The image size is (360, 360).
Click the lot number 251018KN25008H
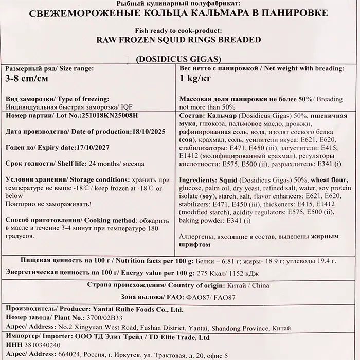coord(107,116)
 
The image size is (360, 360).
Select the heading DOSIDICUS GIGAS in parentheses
coord(179,57)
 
